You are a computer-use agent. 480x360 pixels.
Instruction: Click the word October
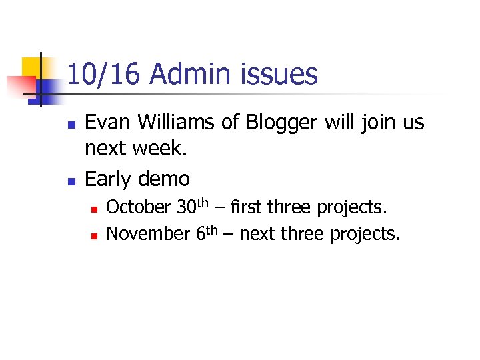coord(138,207)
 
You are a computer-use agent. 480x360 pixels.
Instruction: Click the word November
coord(148,234)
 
